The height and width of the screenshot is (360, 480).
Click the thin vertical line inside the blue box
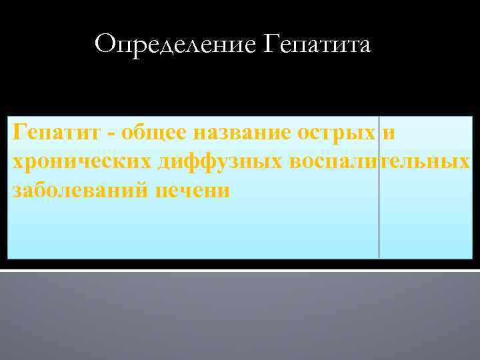coord(379,227)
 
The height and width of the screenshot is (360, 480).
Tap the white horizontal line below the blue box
coord(240,271)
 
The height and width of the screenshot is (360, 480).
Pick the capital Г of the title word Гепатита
coord(271,45)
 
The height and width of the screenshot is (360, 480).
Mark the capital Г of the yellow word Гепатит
coord(19,133)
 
